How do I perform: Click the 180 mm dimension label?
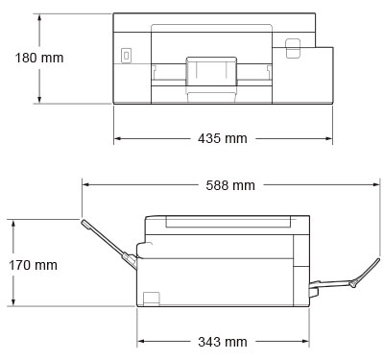coord(39,58)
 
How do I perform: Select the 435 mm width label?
coord(223,138)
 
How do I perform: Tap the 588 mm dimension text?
coord(230,185)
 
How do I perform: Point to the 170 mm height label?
coord(33,265)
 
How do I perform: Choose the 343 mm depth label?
coord(223,342)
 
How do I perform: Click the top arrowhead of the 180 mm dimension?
coord(39,17)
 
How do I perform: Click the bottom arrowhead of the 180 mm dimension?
coord(39,100)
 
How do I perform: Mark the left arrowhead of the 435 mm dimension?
coord(117,138)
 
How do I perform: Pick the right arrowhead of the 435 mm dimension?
coord(329,138)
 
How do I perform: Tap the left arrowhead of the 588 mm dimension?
coord(86,184)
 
